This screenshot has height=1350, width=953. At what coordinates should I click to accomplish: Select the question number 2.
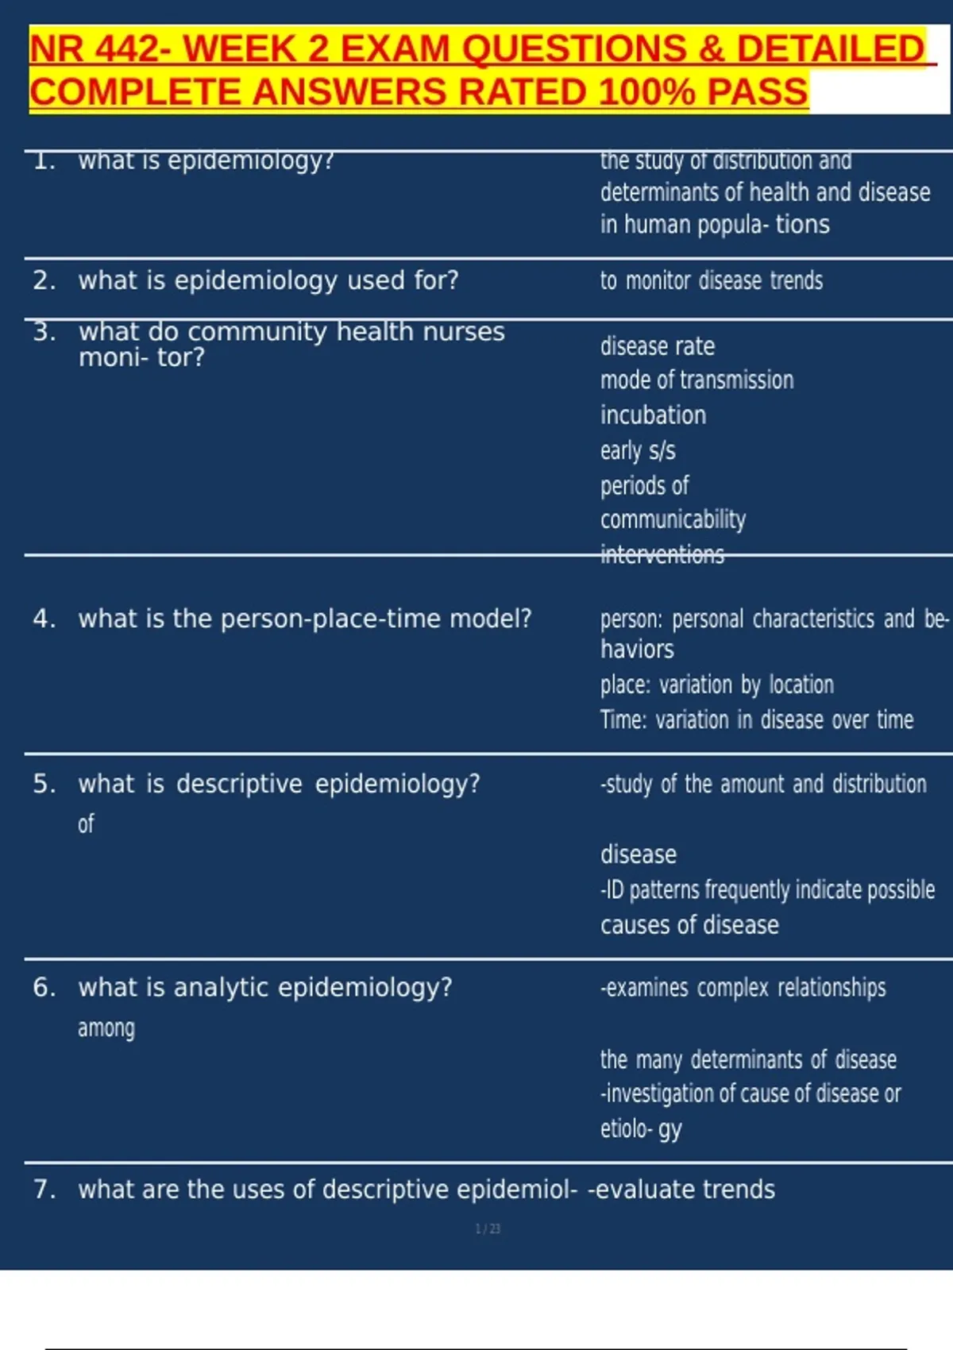coord(44,280)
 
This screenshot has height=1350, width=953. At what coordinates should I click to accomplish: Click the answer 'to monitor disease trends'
coord(711,280)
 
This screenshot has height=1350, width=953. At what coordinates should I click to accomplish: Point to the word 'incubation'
coord(653,415)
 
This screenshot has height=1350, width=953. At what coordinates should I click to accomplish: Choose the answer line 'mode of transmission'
coord(696,380)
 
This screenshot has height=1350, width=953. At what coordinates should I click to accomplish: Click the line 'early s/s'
coord(638,450)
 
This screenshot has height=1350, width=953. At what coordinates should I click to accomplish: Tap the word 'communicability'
coord(673,519)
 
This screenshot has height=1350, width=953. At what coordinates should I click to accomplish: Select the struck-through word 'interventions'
coord(662,554)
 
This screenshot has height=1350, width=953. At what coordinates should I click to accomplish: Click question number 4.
coord(44,619)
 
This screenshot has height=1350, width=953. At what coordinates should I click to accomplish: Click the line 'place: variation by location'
coord(716,685)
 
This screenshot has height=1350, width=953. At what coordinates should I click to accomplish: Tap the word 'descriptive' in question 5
coord(239,784)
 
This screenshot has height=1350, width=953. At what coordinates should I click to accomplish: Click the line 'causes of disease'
coord(689,925)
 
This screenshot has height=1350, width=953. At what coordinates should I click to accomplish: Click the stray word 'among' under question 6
coord(106,1028)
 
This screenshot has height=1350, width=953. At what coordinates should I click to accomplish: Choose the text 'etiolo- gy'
coord(641,1128)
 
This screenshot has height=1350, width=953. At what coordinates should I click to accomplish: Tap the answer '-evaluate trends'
coord(681,1189)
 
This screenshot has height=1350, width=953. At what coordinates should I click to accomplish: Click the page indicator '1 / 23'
coord(488,1228)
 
